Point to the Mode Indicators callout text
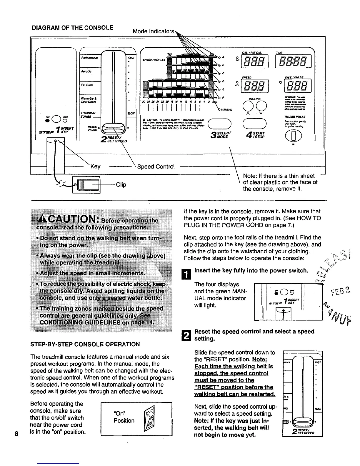153,31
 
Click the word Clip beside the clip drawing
121,184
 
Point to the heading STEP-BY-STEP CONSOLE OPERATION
85,344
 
